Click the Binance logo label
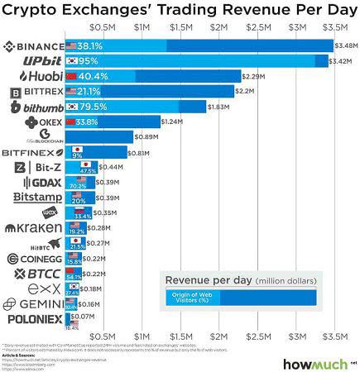(x=33, y=46)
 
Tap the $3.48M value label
(x=345, y=46)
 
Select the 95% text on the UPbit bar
(x=87, y=62)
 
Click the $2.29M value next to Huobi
(x=253, y=77)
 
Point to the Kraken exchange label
(x=33, y=227)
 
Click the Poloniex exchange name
(x=33, y=318)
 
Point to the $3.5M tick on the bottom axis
(x=334, y=336)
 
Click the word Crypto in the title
(x=41, y=11)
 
